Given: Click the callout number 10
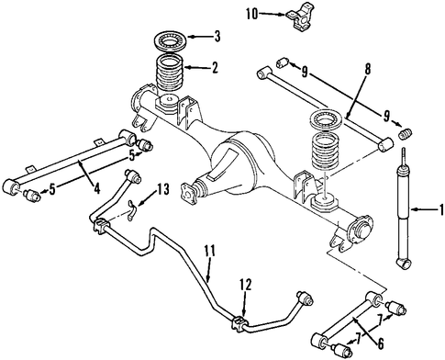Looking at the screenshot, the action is coord(252,14).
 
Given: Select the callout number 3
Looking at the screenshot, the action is coord(217,37).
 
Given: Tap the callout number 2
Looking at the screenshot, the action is coord(215,67).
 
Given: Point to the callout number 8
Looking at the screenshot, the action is coord(367,69).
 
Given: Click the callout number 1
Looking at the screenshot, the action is coord(441,209).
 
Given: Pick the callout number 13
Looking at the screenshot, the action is coord(163,189).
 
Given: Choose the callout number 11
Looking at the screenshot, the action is coord(210,251).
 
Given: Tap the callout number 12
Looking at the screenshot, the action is coord(246,285).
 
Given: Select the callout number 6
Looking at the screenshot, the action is coord(380,343).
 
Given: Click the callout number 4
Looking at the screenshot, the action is coord(96,187).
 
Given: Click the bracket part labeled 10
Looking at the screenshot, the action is coord(300,17).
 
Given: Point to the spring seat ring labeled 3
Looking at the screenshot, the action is coord(169,39).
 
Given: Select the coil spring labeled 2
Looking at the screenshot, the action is coord(171,73).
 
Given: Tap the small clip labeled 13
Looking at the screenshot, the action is coord(132,210).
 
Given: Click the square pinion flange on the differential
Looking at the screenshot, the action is coord(190,192).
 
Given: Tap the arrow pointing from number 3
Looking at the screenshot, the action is coord(200,37).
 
